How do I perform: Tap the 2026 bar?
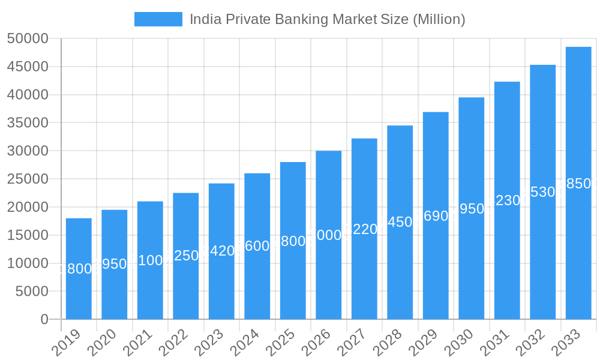(x=329, y=235)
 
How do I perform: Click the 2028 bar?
(x=400, y=222)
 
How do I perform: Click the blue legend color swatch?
(x=158, y=19)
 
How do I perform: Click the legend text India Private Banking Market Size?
(x=328, y=19)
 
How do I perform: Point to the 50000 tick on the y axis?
(x=28, y=38)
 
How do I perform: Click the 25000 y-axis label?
(x=28, y=179)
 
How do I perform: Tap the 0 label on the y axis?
(x=44, y=319)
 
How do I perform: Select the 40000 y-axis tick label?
(x=28, y=95)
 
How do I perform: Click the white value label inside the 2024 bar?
(x=257, y=246)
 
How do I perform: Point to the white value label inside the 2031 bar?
(x=507, y=200)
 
